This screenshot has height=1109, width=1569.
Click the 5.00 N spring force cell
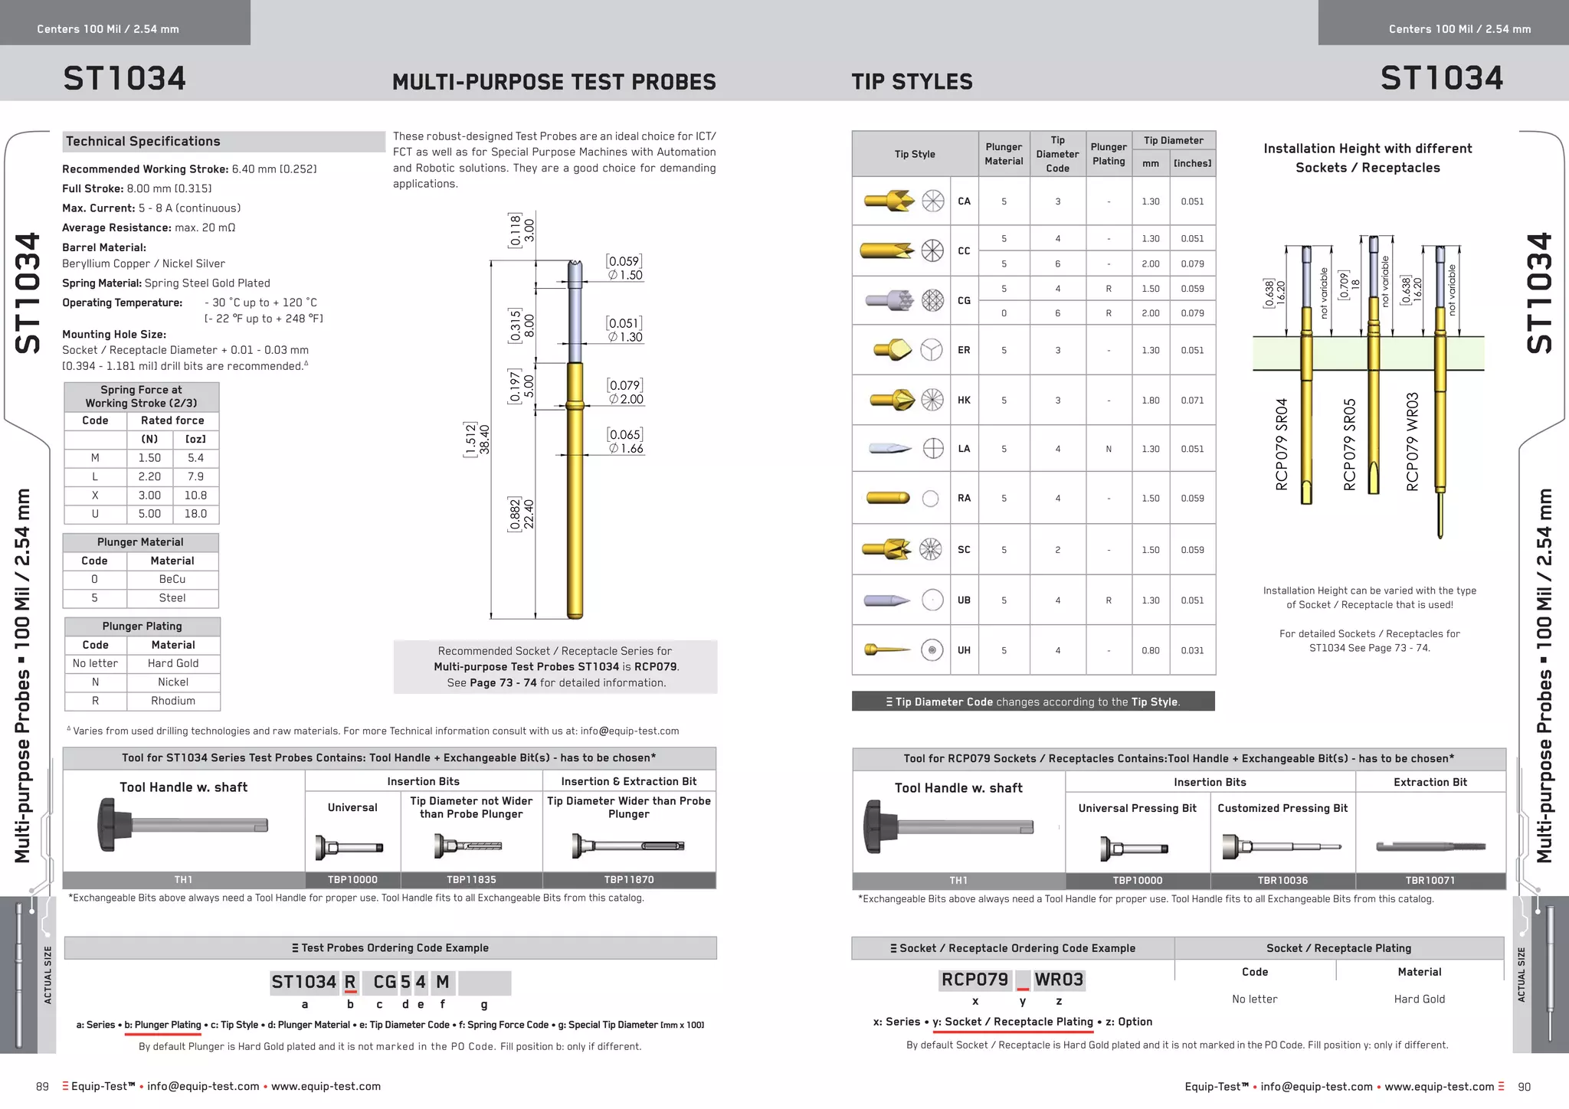149,514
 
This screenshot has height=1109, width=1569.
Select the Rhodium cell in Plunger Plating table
173,701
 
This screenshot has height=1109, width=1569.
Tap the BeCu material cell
172,579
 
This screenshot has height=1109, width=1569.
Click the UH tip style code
964,650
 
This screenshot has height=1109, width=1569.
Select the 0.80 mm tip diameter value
1150,650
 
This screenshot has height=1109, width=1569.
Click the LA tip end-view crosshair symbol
933,449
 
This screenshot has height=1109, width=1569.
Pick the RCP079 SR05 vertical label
1350,444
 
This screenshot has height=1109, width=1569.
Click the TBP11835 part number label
471,880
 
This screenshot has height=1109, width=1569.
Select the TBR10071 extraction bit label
1430,881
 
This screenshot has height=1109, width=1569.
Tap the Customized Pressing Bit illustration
1282,847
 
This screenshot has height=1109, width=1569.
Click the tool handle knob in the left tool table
109,824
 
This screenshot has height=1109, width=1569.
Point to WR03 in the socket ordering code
1059,980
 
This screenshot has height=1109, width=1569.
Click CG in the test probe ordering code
385,982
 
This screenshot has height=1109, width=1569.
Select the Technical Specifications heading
143,142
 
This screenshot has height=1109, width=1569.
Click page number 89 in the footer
43,1087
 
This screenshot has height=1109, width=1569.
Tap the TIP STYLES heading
912,81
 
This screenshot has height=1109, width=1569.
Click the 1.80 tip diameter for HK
1150,400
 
